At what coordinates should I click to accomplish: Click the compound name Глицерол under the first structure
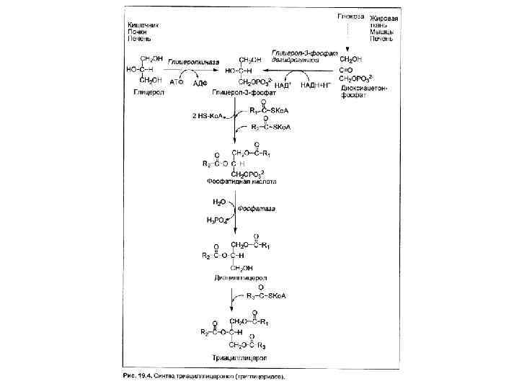coord(148,93)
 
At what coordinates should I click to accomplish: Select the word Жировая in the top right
coord(385,16)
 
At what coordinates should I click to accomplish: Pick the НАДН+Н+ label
coord(316,84)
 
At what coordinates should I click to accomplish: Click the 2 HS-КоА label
coord(209,115)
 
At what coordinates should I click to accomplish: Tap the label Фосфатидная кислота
coord(241,182)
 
